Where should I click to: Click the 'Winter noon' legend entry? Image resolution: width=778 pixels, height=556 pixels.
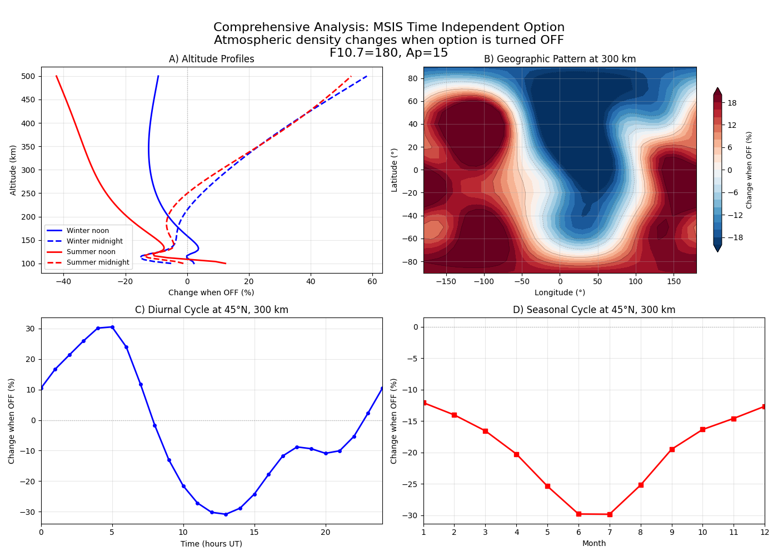pos(87,231)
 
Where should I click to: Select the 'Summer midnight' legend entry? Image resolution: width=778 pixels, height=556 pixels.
pos(97,262)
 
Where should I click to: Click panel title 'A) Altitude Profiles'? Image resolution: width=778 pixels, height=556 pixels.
pos(211,59)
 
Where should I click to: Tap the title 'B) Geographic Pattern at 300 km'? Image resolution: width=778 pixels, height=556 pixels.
pos(560,59)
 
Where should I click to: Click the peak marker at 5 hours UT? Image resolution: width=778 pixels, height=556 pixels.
pos(112,327)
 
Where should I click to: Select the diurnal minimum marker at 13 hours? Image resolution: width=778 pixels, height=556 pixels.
pos(226,514)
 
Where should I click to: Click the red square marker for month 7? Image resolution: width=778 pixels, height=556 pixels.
pos(610,514)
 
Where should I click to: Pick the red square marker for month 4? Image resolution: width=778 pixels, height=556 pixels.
pos(516,454)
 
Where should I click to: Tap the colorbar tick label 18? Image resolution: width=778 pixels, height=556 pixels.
pos(732,103)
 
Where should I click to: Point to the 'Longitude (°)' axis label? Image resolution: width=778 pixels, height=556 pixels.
pos(560,292)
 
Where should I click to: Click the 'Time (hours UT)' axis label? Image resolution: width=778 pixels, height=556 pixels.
pos(211,544)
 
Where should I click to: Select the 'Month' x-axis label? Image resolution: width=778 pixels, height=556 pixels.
pos(594,544)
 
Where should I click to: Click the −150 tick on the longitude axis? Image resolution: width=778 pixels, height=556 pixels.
pos(446,282)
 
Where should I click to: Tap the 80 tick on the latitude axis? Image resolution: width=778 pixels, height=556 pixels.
pos(413,78)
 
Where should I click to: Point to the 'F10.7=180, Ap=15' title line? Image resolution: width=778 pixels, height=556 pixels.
pos(388,53)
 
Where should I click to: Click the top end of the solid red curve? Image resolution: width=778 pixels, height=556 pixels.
pos(56,76)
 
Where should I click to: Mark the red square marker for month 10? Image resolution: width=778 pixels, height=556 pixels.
pos(702,429)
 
